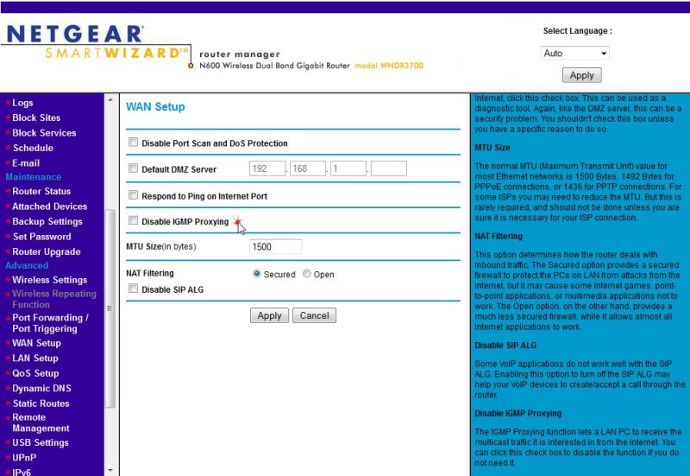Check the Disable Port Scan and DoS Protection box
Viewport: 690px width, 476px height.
[133, 143]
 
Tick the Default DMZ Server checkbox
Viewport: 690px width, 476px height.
[133, 169]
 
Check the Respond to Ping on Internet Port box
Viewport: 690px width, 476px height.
[133, 196]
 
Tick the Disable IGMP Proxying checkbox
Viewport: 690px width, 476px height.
[133, 221]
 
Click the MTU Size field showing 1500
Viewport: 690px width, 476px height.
[275, 247]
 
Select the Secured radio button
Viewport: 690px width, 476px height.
[257, 274]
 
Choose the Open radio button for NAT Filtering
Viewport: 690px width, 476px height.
[307, 274]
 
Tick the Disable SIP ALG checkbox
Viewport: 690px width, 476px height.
[133, 289]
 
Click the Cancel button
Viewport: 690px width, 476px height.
[314, 316]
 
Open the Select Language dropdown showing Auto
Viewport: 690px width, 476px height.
[575, 54]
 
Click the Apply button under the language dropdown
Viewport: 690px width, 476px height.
[582, 76]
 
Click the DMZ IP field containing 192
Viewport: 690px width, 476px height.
[267, 169]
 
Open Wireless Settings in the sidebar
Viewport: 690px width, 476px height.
[49, 280]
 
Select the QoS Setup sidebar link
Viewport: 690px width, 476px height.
[35, 373]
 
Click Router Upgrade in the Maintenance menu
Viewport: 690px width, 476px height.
[46, 251]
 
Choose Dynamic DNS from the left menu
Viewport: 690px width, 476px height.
[41, 388]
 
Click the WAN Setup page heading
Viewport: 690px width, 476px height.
[155, 107]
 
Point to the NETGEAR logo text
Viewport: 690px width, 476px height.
[74, 35]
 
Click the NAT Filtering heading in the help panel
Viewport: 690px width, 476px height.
[499, 235]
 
